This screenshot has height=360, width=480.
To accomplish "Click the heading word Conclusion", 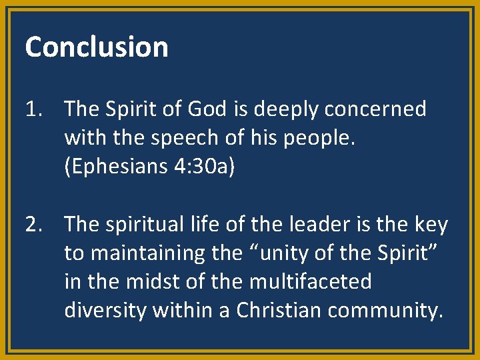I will point(97,47).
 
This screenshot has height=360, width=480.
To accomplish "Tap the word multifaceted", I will point(310,282).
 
